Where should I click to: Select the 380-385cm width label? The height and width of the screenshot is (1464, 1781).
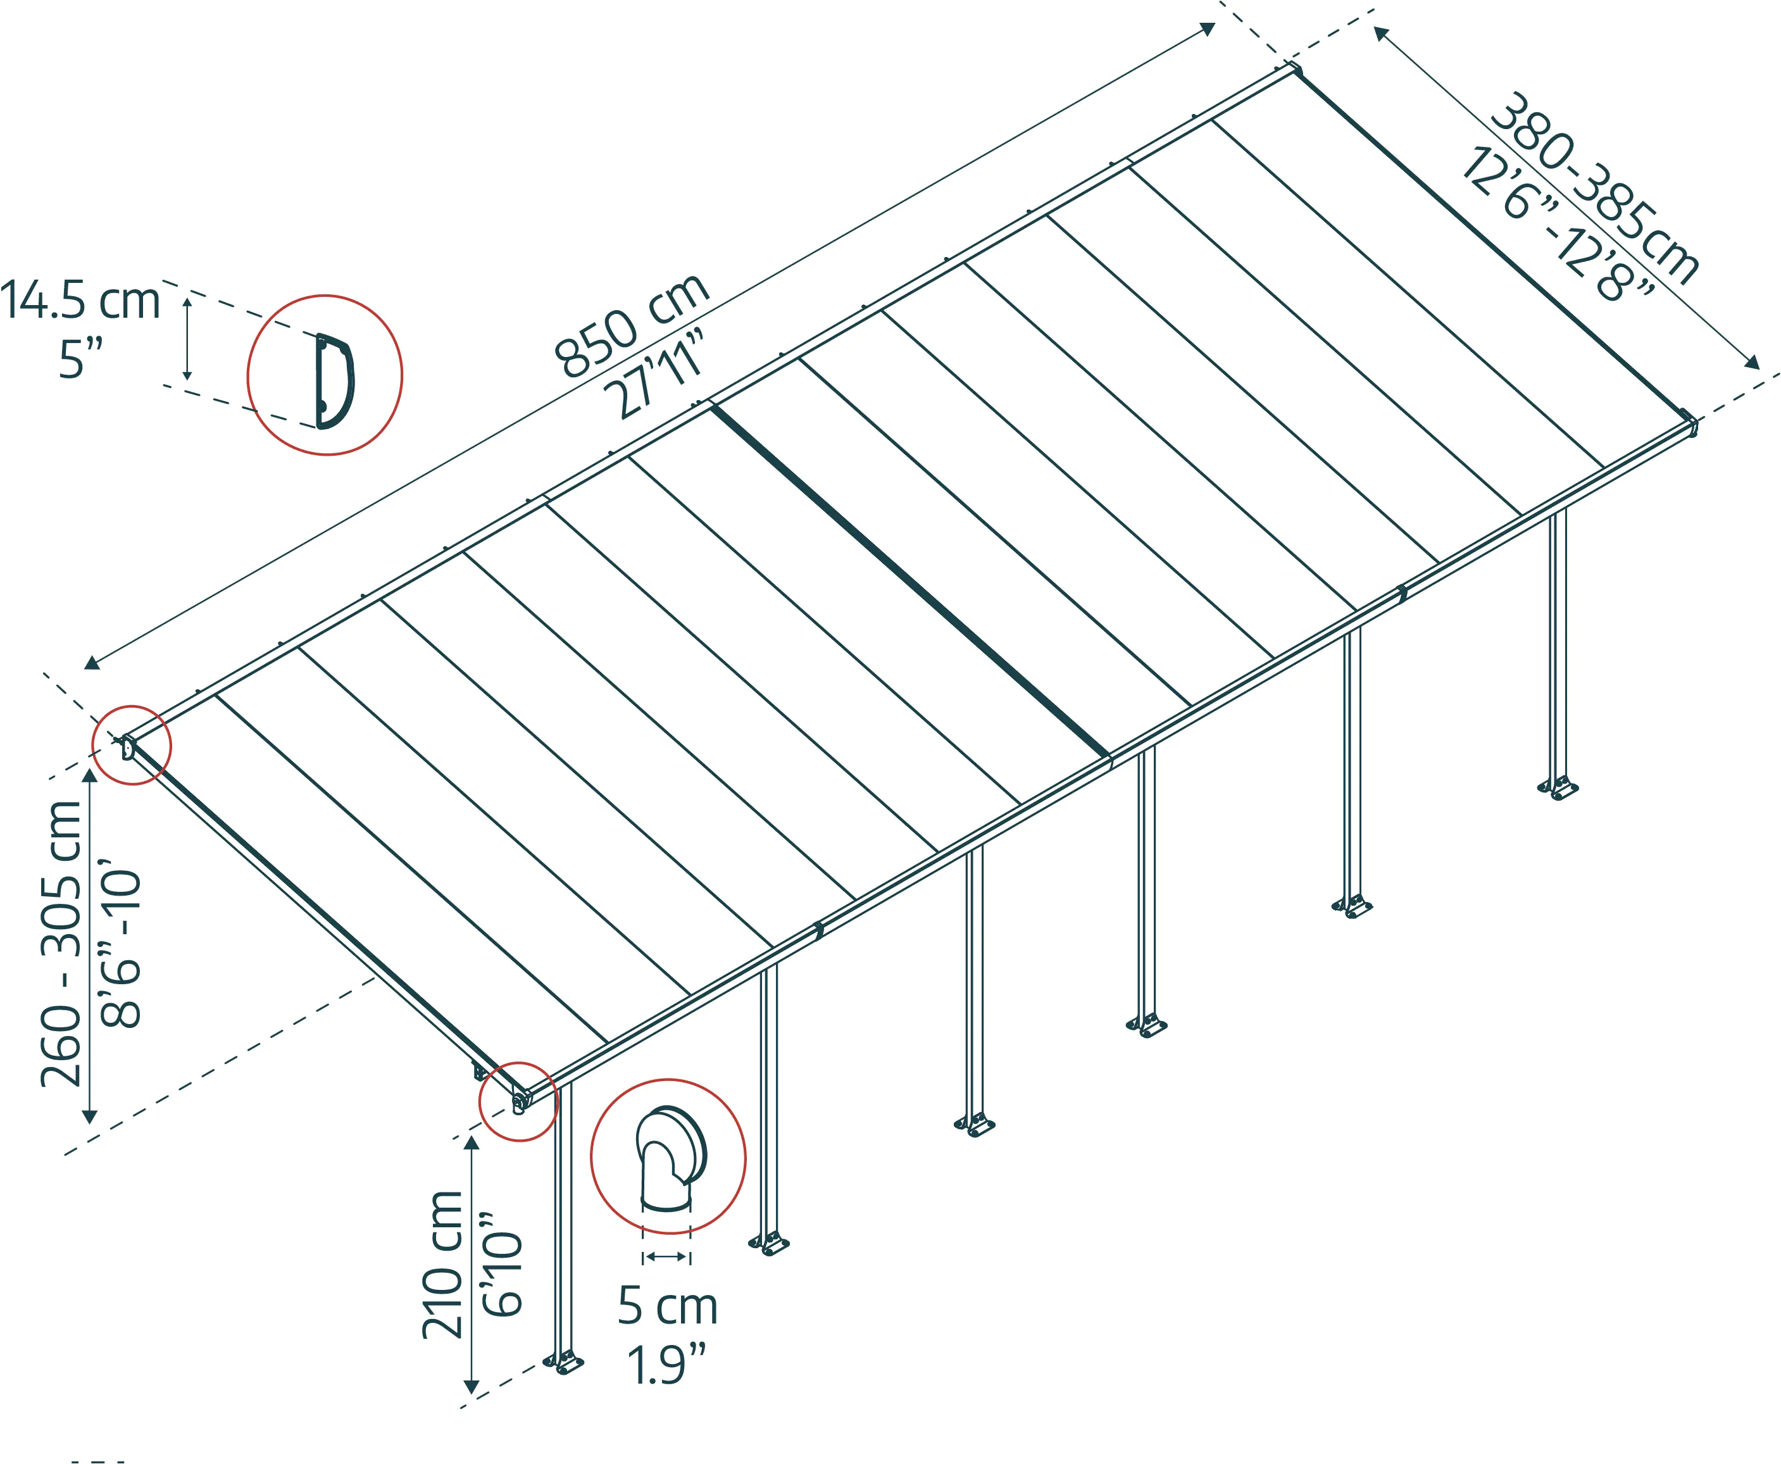[x=1594, y=187]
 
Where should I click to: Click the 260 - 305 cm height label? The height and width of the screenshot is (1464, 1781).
[x=61, y=944]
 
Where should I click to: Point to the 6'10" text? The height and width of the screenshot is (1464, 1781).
[x=502, y=1265]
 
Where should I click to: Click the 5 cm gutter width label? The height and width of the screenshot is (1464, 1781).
[x=667, y=1306]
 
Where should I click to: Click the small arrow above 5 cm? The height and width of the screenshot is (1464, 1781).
[x=666, y=1256]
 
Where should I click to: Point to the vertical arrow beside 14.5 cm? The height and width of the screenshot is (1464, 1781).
[x=187, y=337]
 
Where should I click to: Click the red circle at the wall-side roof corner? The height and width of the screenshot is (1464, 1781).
[x=132, y=744]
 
